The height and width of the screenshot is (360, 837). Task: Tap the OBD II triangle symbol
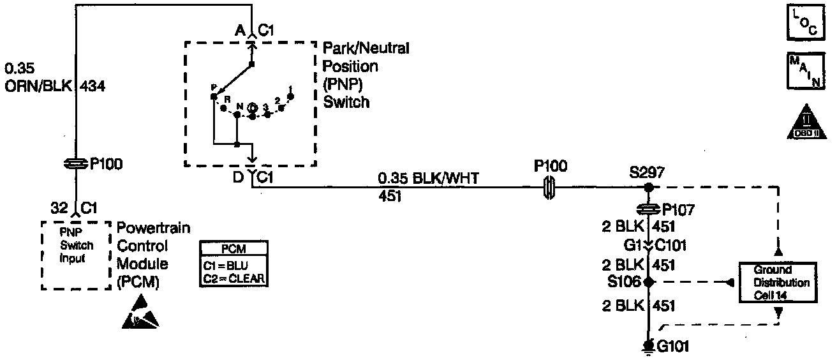point(805,122)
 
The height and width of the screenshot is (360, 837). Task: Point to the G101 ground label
point(673,347)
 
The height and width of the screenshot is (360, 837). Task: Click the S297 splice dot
point(648,188)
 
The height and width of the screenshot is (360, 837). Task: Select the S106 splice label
point(627,281)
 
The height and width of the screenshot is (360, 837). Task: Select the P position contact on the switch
point(213,96)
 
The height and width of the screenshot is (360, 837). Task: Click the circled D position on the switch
point(252,107)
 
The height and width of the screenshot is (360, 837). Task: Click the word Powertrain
point(153,228)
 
